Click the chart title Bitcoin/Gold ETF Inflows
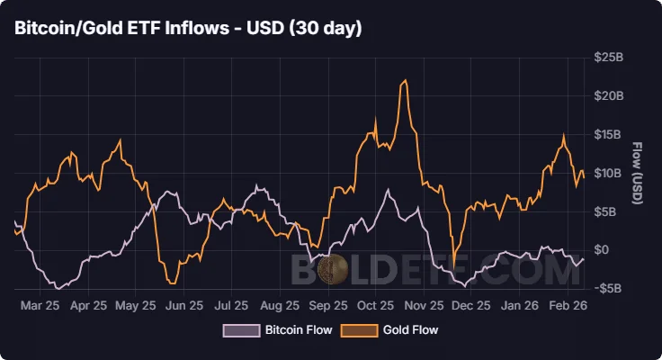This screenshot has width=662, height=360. point(188,29)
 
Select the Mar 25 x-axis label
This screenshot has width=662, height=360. point(40,306)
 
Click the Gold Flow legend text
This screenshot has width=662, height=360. point(410,330)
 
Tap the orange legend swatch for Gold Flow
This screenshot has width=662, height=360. point(358,330)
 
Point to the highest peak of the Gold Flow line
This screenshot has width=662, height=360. point(406,81)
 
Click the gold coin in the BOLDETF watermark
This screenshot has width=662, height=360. point(335,268)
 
